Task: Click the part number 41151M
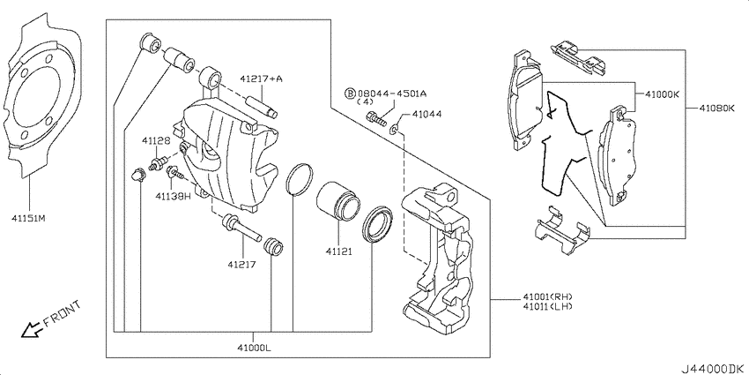[x=29, y=219]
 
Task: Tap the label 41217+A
[x=262, y=79]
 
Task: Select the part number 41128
[x=155, y=140]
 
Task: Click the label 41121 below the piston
[x=339, y=251]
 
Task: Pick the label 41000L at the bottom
[x=255, y=348]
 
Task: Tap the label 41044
[x=426, y=115]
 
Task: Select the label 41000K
[x=662, y=94]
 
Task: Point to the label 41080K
[x=717, y=109]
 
